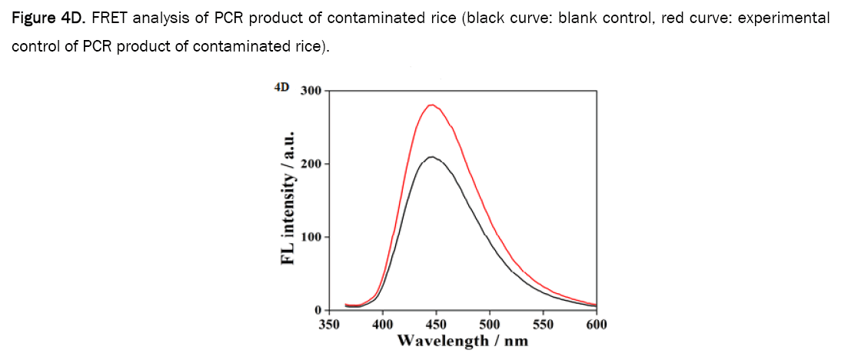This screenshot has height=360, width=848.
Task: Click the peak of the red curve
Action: [431, 105]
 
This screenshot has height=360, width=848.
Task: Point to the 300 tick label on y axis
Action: [311, 91]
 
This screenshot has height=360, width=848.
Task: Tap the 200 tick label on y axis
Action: [311, 164]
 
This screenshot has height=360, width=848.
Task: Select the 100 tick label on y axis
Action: [311, 237]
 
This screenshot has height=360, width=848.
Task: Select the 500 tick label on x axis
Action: [490, 324]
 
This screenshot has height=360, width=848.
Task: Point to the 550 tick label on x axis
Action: [543, 324]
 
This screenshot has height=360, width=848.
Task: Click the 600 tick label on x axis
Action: [596, 324]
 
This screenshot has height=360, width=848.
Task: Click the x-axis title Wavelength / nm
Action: [463, 340]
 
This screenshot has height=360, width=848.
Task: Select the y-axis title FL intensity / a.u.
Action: [288, 200]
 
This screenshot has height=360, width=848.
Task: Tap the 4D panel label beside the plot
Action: [282, 88]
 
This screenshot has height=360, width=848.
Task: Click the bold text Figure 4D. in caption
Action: [45, 18]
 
